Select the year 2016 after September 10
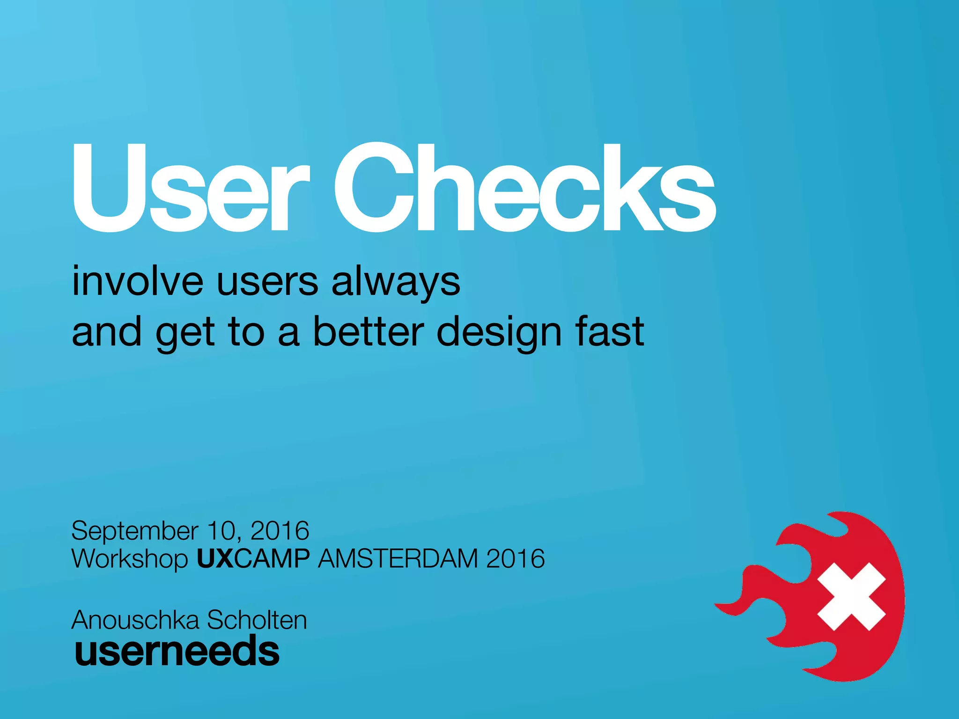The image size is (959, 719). [280, 531]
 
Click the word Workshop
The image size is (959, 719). [130, 559]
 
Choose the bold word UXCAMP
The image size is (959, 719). [253, 558]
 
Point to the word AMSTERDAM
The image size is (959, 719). [398, 558]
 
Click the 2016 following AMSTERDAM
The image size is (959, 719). [516, 558]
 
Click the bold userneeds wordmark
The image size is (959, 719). [177, 651]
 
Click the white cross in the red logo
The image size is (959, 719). [851, 596]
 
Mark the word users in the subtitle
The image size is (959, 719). [267, 282]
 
